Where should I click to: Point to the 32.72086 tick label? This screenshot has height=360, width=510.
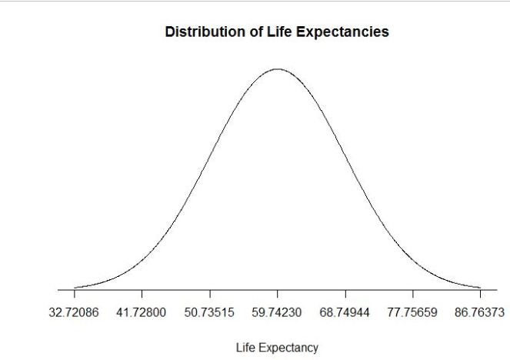pyautogui.click(x=75, y=314)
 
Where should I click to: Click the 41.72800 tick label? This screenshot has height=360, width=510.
pyautogui.click(x=142, y=314)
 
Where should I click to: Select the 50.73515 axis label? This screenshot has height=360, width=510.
pyautogui.click(x=210, y=314)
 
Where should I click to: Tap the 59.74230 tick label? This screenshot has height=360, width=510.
pyautogui.click(x=278, y=314)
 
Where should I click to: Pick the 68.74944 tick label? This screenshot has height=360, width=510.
pyautogui.click(x=345, y=314)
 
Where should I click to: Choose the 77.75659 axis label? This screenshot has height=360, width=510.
pyautogui.click(x=413, y=314)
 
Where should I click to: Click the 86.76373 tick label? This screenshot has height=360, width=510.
pyautogui.click(x=480, y=314)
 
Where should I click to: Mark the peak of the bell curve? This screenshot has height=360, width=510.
pyautogui.click(x=278, y=69)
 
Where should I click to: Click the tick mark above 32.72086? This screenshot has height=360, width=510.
pyautogui.click(x=75, y=294)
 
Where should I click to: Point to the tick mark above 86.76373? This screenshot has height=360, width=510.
pyautogui.click(x=480, y=294)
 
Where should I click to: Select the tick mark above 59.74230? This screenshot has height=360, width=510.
pyautogui.click(x=278, y=294)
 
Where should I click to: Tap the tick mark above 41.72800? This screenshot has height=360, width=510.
pyautogui.click(x=142, y=294)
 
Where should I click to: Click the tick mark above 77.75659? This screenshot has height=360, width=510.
pyautogui.click(x=413, y=294)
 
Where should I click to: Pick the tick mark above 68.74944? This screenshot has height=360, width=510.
pyautogui.click(x=345, y=294)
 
